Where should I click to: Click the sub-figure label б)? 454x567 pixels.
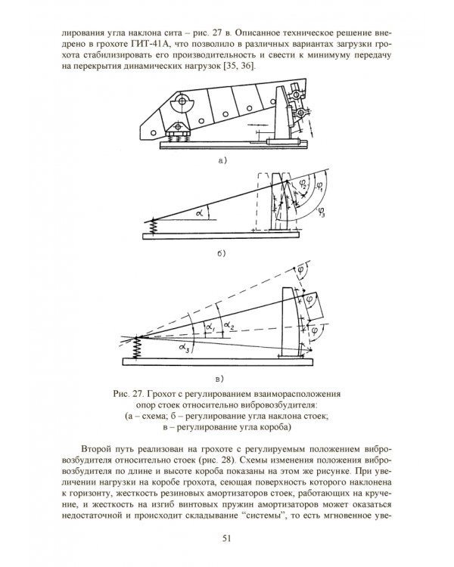click(x=221, y=253)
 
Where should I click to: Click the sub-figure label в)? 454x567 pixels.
click(x=219, y=379)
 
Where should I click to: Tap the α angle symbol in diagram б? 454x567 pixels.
click(x=200, y=213)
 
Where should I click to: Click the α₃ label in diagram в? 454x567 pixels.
click(x=184, y=349)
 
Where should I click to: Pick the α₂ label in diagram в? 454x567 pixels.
click(x=229, y=325)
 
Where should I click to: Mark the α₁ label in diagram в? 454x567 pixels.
click(x=210, y=327)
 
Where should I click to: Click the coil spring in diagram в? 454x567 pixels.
click(x=137, y=348)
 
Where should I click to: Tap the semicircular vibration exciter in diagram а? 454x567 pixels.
click(x=181, y=104)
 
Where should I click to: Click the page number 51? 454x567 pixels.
click(x=226, y=538)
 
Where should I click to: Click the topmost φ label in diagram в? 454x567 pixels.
click(x=301, y=269)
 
